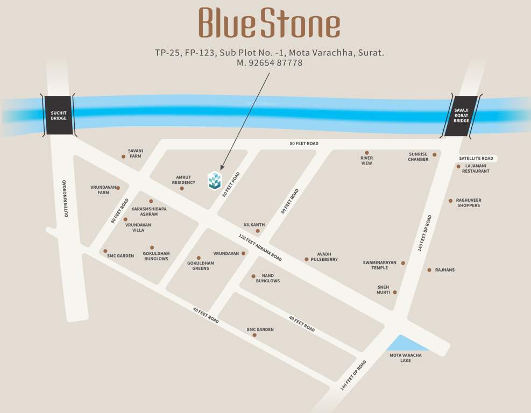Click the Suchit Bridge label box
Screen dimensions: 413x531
tap(59, 115)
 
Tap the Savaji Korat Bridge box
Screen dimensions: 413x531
tap(461, 116)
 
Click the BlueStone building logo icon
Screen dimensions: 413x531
tap(215, 180)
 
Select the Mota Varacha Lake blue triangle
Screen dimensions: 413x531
tap(404, 344)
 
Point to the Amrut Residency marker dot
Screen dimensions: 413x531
tap(182, 188)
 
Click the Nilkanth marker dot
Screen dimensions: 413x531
tap(258, 231)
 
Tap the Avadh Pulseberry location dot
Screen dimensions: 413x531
tap(307, 259)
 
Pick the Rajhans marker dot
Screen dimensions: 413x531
tap(429, 270)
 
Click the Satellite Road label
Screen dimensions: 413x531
tap(476, 159)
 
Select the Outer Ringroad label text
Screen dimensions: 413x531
tap(66, 198)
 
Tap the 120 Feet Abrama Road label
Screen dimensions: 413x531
tap(260, 247)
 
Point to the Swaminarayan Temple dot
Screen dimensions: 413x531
tap(403, 263)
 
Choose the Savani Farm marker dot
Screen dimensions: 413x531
tap(123, 156)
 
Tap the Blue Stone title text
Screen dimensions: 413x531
tap(269, 24)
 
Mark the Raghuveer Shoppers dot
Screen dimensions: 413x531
tap(451, 201)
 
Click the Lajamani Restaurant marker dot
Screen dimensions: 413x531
tap(458, 167)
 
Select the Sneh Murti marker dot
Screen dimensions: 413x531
tap(395, 293)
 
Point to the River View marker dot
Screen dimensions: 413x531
tap(367, 153)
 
